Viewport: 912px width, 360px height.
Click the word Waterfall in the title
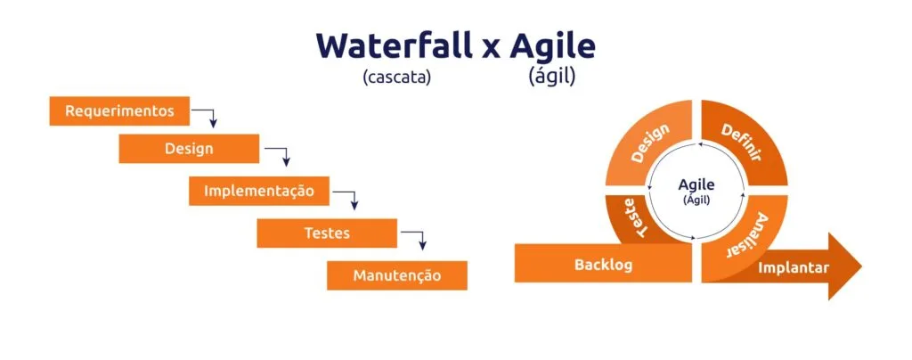click(x=394, y=45)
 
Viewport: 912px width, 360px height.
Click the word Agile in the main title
click(x=552, y=45)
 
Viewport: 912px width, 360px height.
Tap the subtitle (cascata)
click(x=396, y=77)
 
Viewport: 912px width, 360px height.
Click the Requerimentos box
click(x=118, y=111)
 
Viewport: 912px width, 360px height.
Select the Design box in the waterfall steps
click(x=189, y=149)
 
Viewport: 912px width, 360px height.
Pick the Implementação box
click(x=258, y=191)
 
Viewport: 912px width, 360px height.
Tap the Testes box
click(x=327, y=233)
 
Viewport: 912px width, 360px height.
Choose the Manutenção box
click(x=396, y=275)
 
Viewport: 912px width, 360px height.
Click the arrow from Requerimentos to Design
click(x=208, y=117)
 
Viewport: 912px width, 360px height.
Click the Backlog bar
click(x=603, y=265)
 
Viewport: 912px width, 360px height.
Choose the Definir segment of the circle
click(x=741, y=143)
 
